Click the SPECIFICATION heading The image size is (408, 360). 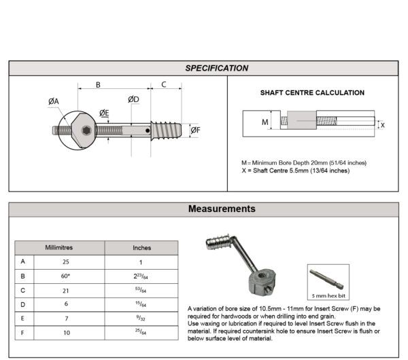tap(217, 68)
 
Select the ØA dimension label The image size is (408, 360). tap(54, 101)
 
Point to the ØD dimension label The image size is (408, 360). tap(133, 99)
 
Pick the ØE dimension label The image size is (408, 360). tap(103, 112)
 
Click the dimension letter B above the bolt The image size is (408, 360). tap(98, 84)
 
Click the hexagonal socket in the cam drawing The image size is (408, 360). tap(85, 130)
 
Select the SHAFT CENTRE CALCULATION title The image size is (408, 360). tap(312, 93)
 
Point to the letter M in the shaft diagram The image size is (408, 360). tap(265, 123)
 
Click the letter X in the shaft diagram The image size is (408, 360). tap(382, 125)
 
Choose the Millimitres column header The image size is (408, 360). tap(59, 248)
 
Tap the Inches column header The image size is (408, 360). tap(141, 248)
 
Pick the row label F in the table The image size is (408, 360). tap(23, 334)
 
